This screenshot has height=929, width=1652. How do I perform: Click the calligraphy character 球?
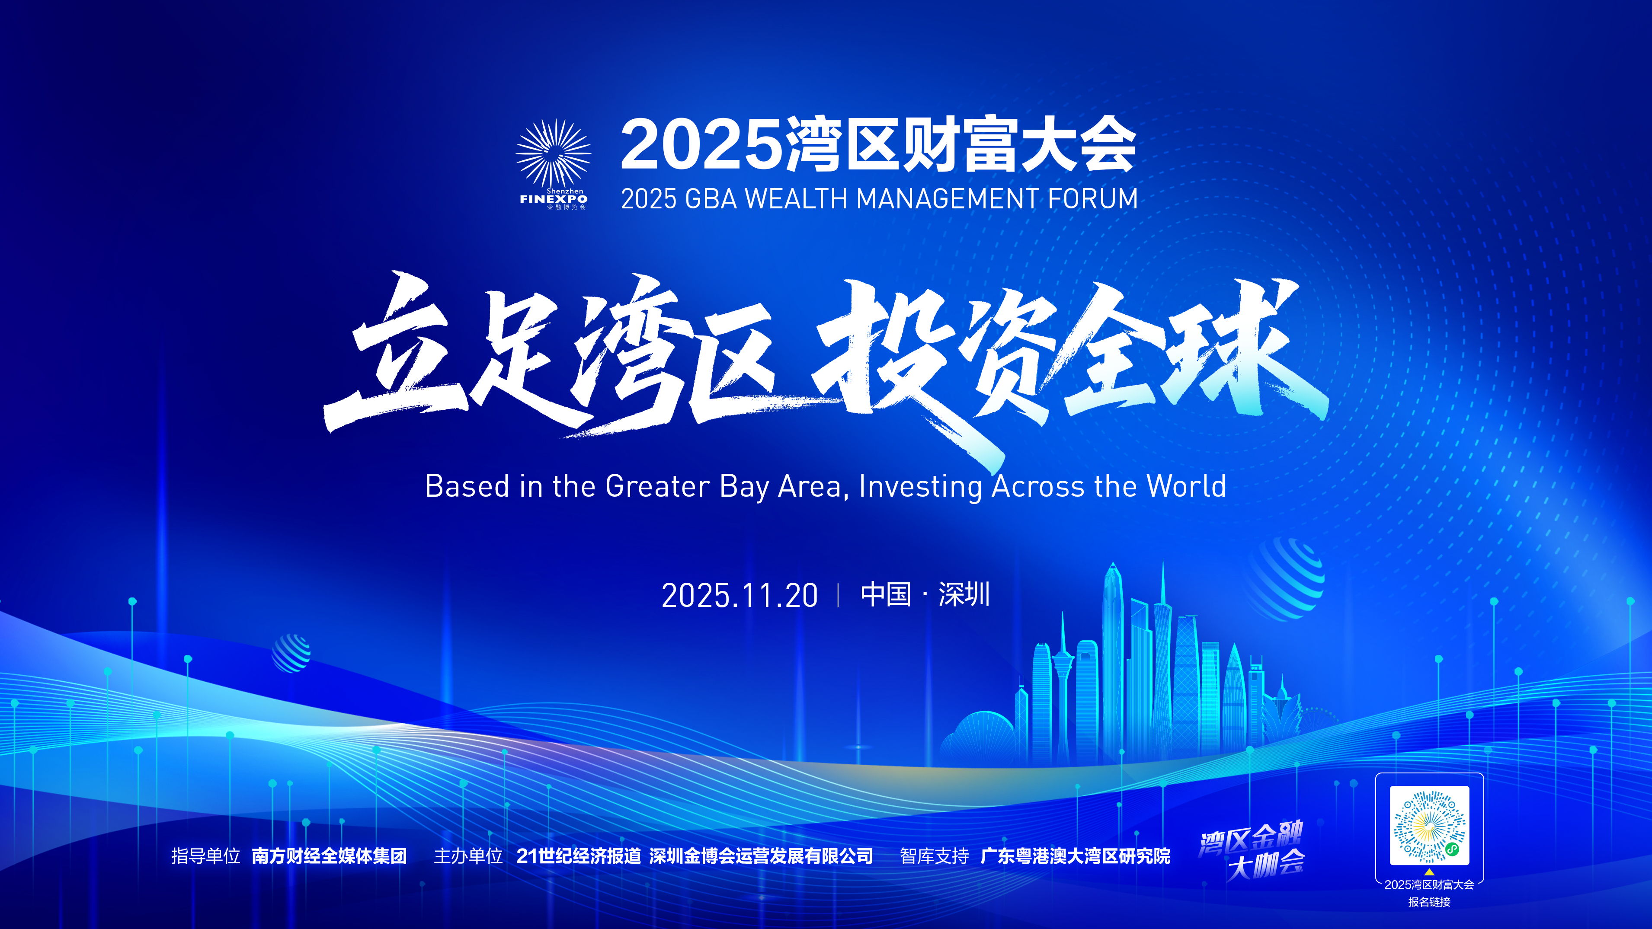click(1241, 349)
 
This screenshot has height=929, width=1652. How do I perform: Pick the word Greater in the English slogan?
click(657, 486)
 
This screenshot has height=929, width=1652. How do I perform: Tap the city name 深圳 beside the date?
click(964, 594)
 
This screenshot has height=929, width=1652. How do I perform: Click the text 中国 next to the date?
click(886, 594)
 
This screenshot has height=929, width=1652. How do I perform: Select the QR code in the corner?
click(1429, 826)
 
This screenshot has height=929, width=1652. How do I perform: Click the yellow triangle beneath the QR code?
click(1429, 872)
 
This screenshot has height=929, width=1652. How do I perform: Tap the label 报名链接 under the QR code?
click(1429, 902)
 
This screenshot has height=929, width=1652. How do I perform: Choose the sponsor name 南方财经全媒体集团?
click(329, 856)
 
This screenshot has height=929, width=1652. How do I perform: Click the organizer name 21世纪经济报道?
click(579, 856)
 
